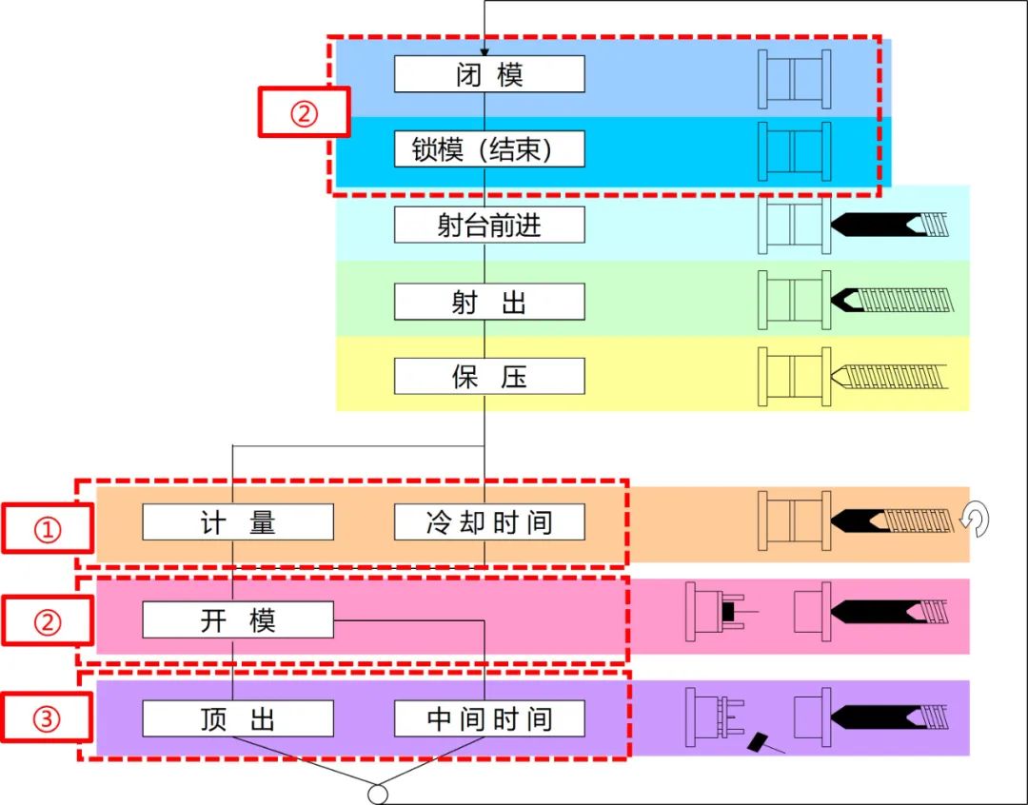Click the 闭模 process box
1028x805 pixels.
click(489, 74)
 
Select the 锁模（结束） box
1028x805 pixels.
click(489, 149)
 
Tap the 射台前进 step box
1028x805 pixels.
click(489, 226)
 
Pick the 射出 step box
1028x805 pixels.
click(489, 302)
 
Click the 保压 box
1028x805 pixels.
click(489, 377)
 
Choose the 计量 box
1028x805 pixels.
click(238, 522)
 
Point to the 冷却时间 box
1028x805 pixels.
click(489, 522)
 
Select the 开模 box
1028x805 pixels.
click(238, 620)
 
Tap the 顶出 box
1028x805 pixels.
click(238, 718)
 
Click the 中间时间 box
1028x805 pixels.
click(489, 718)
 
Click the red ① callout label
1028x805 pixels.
click(47, 529)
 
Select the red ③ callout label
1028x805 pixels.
click(47, 717)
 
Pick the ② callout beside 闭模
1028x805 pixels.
click(304, 112)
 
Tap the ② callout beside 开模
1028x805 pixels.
click(47, 621)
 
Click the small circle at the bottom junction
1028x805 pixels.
click(378, 794)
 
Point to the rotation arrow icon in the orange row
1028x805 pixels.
click(977, 520)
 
